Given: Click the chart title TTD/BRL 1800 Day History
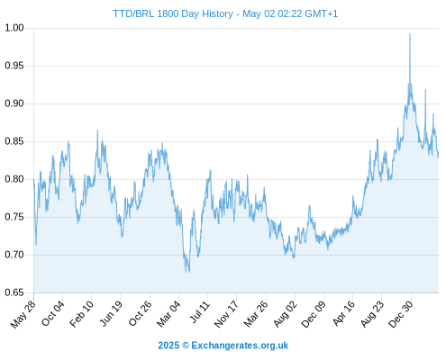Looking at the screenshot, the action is coord(173,13).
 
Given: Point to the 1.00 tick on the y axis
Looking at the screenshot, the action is coord(14,28).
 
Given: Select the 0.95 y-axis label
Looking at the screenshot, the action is coord(14,66).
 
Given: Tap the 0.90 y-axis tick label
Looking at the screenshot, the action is coord(14,103).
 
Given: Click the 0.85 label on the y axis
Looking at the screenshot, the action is coord(14,141).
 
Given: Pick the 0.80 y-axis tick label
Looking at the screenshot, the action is coord(14,179).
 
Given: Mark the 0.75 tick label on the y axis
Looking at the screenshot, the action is coord(14,217).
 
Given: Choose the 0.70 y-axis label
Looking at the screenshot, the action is coord(14,255).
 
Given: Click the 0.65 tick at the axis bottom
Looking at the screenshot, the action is coord(14,292).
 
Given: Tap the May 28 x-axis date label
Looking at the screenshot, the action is coord(23,314).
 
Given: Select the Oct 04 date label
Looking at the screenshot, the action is coord(53,313).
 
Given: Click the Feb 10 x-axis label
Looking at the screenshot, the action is coord(81,313).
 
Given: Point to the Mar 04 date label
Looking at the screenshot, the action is coord(168,313).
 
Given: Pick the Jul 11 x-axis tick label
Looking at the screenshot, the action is coord(200,312).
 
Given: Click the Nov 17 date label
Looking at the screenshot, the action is coord(226,314).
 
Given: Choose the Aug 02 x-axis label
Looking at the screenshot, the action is coord(285,314).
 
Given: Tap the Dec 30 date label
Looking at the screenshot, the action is coord(401,314).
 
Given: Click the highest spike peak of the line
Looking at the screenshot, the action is coord(410,34).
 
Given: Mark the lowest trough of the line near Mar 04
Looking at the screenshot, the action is coord(189,272).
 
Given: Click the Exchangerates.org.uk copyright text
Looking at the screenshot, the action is coord(223,346).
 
